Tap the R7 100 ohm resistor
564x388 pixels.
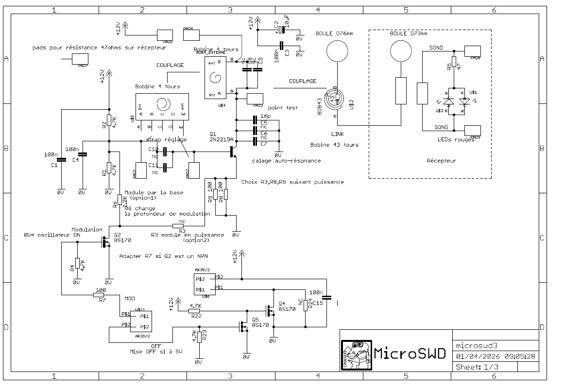pos(100,294)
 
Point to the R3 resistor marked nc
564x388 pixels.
pos(179,226)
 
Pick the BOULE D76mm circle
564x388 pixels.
pos(336,51)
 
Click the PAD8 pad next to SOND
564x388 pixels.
pos(473,51)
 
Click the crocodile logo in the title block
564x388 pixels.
pos(356,354)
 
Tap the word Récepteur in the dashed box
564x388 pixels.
pos(441,161)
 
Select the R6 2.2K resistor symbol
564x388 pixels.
pos(119,200)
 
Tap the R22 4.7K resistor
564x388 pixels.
pos(195,311)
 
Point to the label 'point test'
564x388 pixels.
pos(283,108)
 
